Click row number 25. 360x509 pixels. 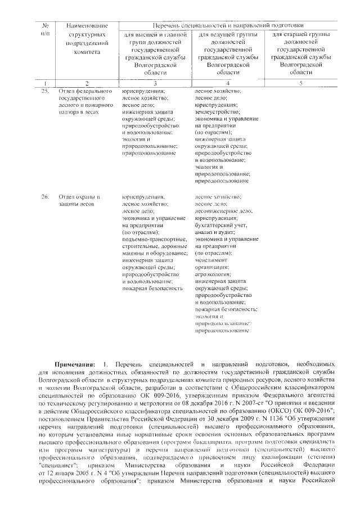click(45, 91)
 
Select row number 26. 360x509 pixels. click(45, 197)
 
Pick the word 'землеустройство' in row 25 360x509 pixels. click(215, 111)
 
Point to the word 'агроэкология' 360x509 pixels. click(213, 273)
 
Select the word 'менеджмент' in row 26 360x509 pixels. click(211, 260)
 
